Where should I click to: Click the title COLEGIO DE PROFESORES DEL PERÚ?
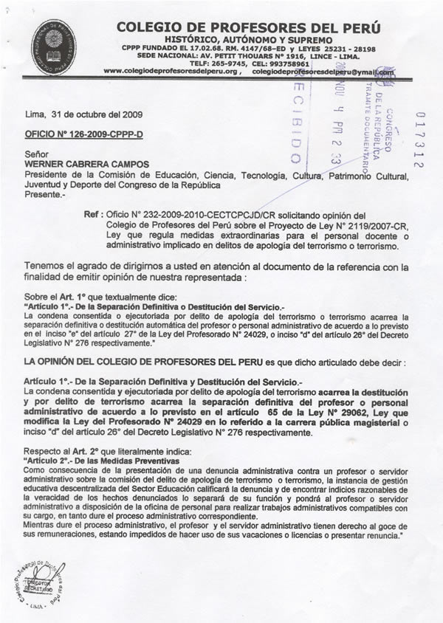(x=248, y=27)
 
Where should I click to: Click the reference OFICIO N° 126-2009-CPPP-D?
(x=75, y=134)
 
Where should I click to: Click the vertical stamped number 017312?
(x=420, y=140)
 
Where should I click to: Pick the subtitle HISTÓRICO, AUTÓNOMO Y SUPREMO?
(x=248, y=40)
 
